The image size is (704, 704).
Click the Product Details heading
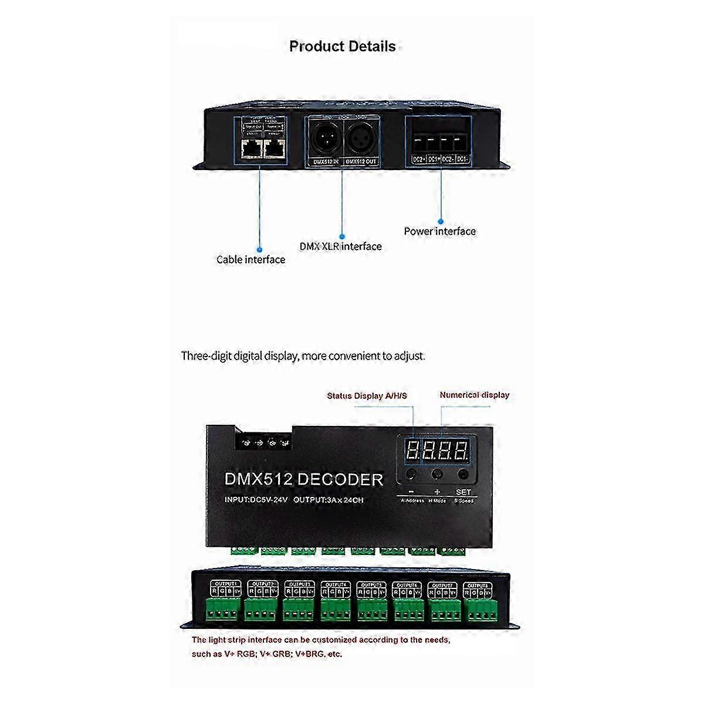click(x=343, y=46)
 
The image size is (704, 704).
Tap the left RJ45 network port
click(x=251, y=149)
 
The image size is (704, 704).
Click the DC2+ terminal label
click(x=418, y=159)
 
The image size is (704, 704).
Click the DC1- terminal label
click(x=462, y=159)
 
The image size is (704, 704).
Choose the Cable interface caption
click(x=251, y=259)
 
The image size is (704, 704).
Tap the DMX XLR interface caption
click(x=340, y=246)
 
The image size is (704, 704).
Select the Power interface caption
click(x=439, y=231)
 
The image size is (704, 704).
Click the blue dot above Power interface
click(x=440, y=222)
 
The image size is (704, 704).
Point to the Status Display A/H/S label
click(x=367, y=396)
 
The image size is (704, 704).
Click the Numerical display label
click(x=474, y=395)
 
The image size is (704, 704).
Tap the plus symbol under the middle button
click(x=436, y=492)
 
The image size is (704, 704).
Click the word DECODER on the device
click(x=340, y=479)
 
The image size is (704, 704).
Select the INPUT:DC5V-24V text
click(x=256, y=500)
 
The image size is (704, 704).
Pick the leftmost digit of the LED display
click(x=412, y=451)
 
